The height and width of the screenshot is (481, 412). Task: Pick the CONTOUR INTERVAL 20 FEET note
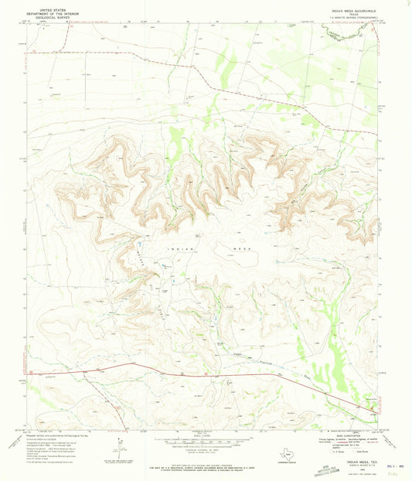coord(205,453)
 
